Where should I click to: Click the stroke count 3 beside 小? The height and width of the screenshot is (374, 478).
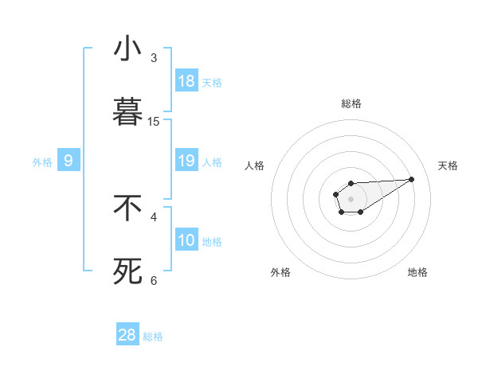[x=154, y=58]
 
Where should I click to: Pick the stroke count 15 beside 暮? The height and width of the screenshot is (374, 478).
[x=154, y=121]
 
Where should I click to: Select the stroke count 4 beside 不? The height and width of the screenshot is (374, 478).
[x=154, y=216]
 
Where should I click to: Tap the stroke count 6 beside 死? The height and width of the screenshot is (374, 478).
[x=154, y=280]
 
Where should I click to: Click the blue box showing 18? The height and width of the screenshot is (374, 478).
[x=186, y=81]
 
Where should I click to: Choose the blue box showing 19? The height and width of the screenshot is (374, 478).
[x=186, y=161]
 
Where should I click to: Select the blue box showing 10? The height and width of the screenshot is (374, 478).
[x=186, y=240]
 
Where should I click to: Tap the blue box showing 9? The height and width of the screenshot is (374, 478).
[x=69, y=161]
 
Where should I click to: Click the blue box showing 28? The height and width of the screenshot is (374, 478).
[x=127, y=335]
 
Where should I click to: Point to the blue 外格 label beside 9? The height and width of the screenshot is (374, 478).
[x=42, y=162]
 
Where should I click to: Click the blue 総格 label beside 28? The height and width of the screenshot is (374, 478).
[x=153, y=337]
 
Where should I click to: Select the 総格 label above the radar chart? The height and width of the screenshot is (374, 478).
[x=351, y=103]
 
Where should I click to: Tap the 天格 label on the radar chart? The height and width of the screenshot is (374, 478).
[x=449, y=166]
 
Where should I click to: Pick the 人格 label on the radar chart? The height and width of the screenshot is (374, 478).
[x=255, y=166]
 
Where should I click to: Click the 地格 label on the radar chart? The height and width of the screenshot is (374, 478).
[x=417, y=272]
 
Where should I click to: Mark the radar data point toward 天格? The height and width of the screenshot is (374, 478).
[x=412, y=178]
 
